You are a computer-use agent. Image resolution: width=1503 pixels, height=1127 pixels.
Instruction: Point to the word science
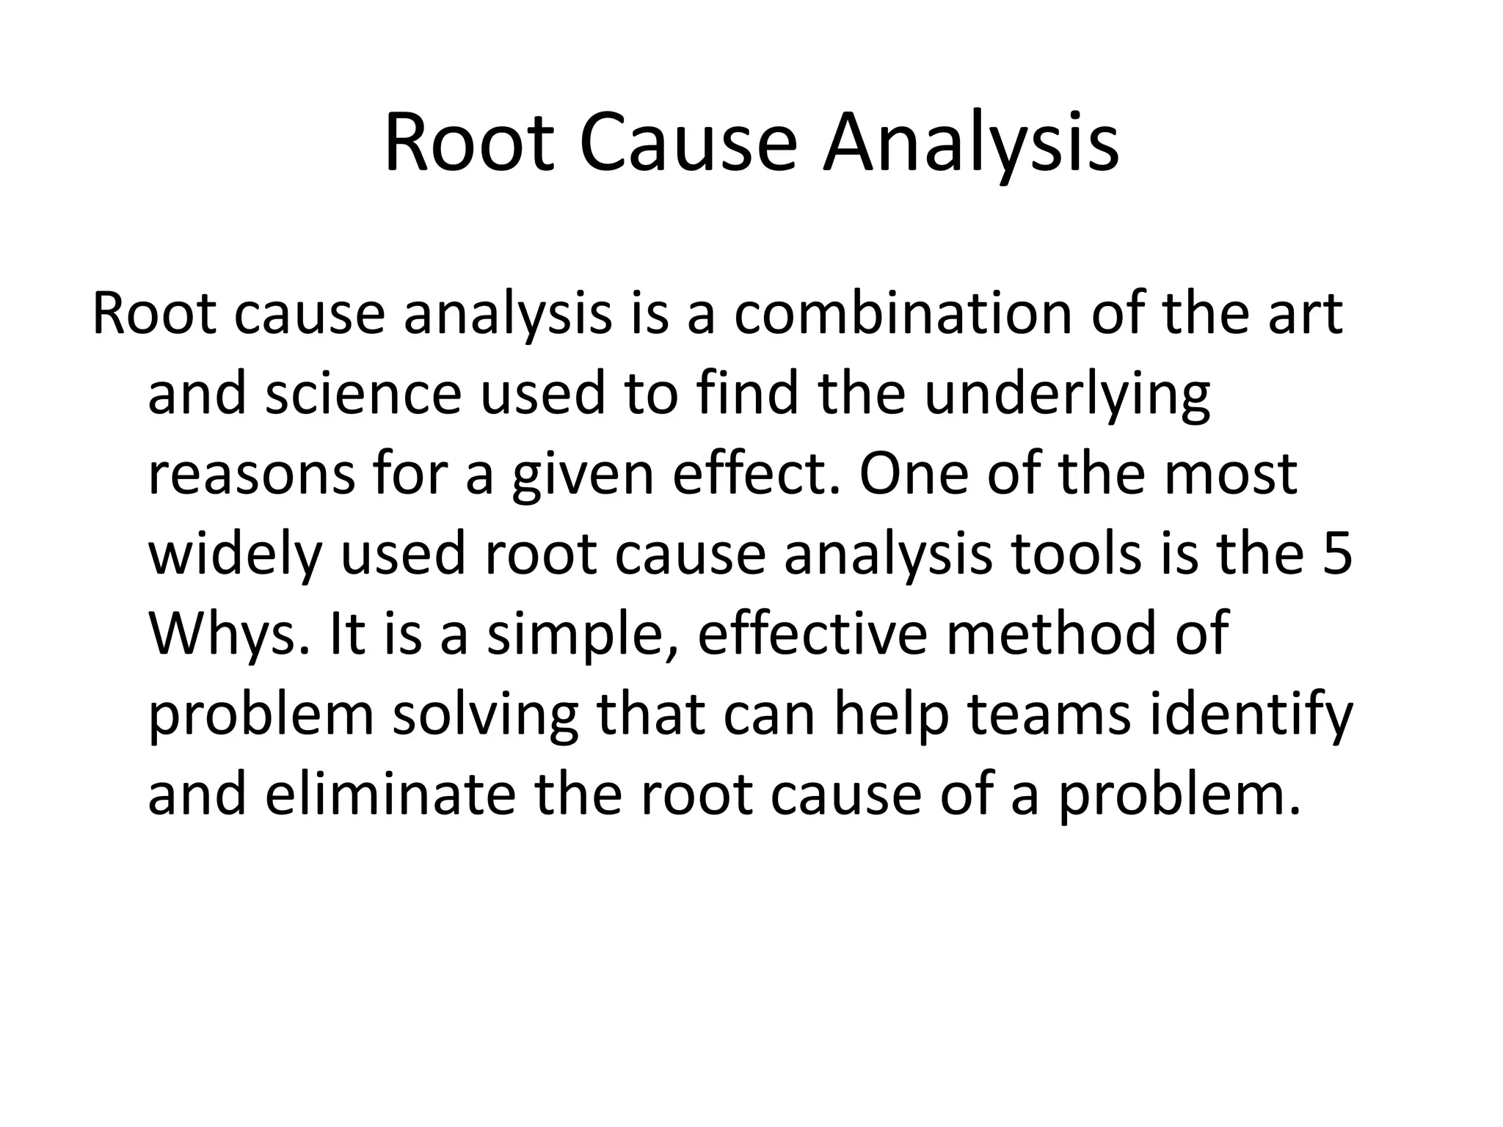coord(363,394)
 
